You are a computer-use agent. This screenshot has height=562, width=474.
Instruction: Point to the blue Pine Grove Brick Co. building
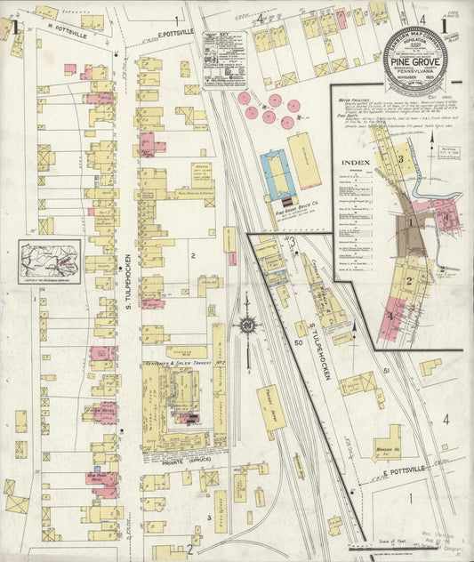279,174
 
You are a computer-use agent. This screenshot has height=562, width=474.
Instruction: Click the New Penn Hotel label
102,478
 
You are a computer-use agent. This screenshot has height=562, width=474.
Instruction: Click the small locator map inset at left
50,261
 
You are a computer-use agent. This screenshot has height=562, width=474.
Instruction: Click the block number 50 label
300,341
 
